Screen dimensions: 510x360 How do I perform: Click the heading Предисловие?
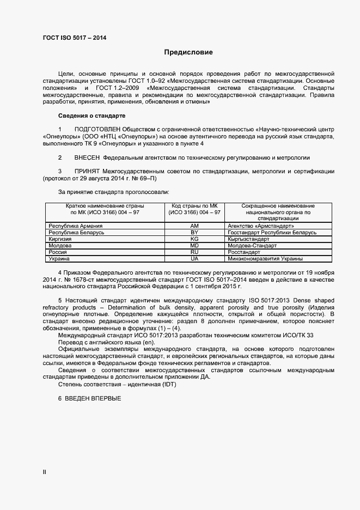tap(188, 53)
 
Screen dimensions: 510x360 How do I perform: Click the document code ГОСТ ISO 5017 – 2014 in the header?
tap(75, 38)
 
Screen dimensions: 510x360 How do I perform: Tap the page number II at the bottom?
tap(45, 472)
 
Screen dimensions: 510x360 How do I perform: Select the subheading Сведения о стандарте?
tap(91, 116)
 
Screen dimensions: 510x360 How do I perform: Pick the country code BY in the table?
tap(194, 233)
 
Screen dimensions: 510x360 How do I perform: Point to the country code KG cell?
tap(194, 239)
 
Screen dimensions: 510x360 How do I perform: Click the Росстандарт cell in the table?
tap(245, 252)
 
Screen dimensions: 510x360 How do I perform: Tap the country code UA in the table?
tap(194, 259)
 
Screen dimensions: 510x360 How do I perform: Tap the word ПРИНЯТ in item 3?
tap(88, 171)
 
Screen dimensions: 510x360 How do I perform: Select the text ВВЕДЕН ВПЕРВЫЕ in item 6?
tap(93, 398)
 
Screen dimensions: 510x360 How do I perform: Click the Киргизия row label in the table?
tap(60, 239)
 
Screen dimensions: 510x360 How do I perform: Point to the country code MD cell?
tap(194, 246)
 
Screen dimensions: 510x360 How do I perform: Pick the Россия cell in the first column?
tap(58, 252)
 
